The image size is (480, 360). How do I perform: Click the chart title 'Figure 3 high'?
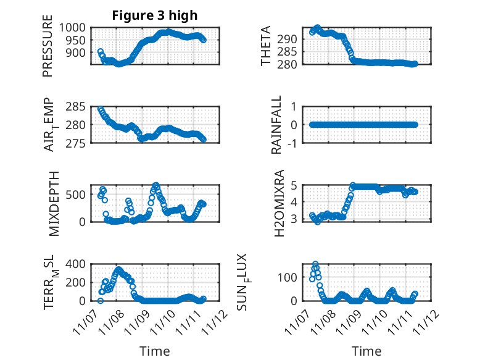click(155, 15)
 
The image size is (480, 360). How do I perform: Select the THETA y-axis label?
click(266, 46)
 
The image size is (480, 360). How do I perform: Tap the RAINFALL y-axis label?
click(276, 125)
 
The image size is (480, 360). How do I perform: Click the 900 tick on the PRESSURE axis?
click(79, 53)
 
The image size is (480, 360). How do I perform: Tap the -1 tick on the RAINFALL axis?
click(296, 143)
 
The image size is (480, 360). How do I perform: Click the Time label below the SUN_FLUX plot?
click(366, 351)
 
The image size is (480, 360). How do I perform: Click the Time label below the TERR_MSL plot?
click(155, 351)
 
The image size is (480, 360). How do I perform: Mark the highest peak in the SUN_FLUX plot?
click(315, 264)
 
